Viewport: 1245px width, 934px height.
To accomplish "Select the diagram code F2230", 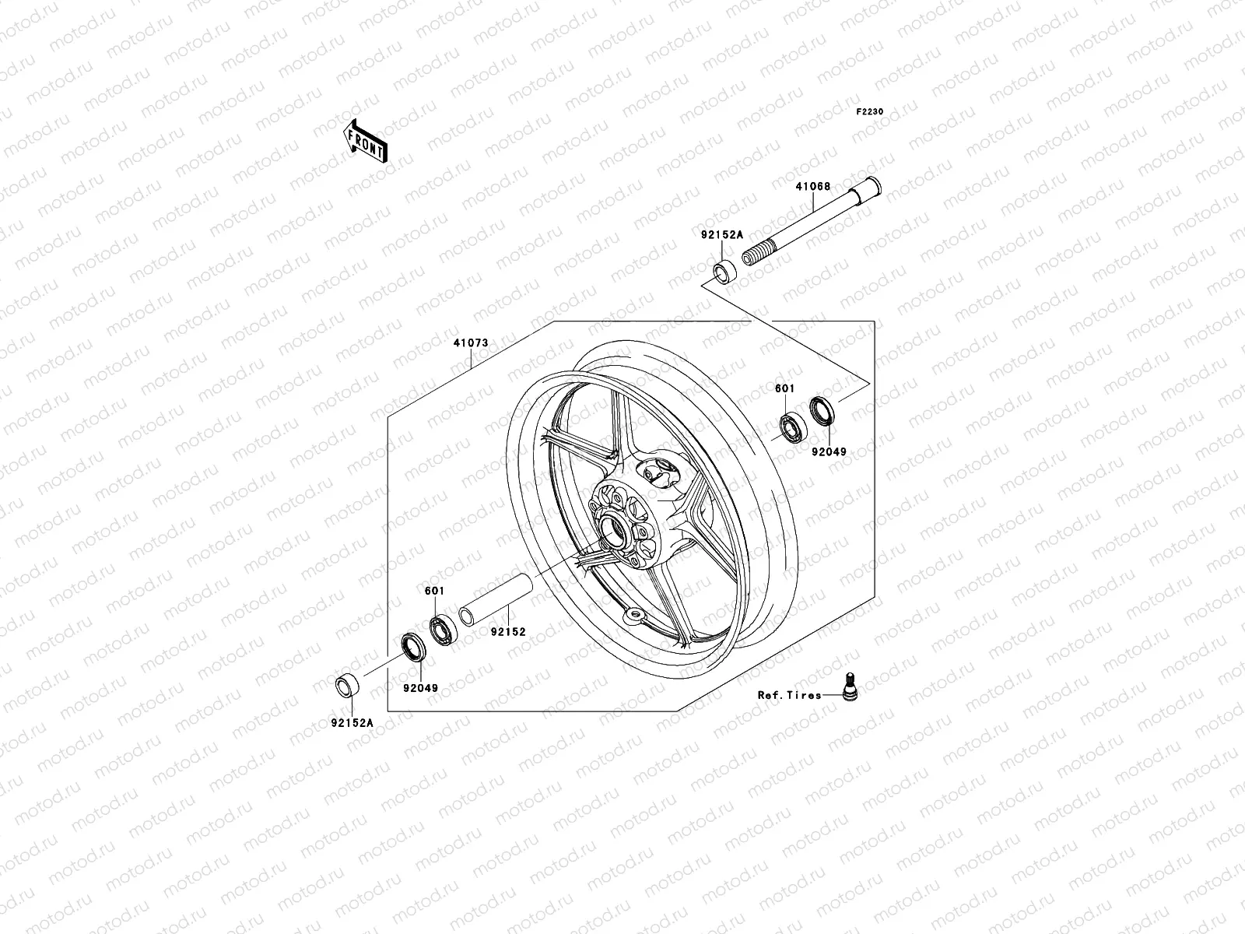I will [870, 112].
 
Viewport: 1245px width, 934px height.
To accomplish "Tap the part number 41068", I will [812, 187].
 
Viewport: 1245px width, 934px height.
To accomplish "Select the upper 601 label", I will [784, 388].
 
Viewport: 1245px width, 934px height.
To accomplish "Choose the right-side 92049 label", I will [829, 451].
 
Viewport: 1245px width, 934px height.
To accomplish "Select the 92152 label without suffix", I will [507, 632].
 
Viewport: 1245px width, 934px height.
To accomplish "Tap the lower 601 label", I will [434, 592].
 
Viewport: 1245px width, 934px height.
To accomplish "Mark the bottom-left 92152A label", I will [352, 722].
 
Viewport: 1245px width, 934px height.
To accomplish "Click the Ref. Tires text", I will [789, 695].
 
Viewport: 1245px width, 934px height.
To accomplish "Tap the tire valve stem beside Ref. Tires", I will [850, 685].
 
